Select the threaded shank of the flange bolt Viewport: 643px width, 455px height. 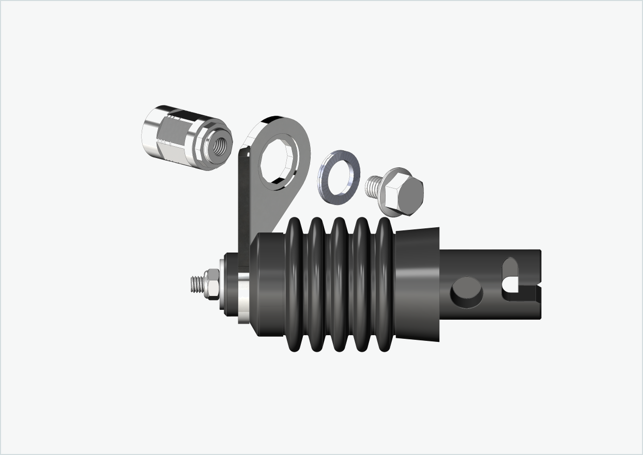point(373,187)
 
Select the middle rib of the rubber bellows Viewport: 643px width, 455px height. point(339,284)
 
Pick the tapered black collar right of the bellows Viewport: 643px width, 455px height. point(418,284)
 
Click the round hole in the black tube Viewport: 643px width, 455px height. point(467,292)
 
